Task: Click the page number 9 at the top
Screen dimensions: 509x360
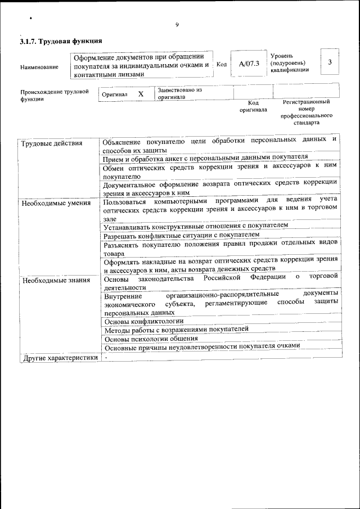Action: click(x=177, y=25)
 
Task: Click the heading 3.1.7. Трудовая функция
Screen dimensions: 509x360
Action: click(x=61, y=42)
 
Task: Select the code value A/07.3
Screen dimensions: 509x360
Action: click(x=249, y=64)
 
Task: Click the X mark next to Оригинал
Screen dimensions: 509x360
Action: click(x=141, y=94)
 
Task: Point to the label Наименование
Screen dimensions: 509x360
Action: click(x=39, y=67)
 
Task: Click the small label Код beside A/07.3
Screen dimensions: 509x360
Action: click(x=222, y=64)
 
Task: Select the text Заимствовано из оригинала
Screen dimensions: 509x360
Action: click(x=179, y=93)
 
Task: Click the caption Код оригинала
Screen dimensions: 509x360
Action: click(x=253, y=106)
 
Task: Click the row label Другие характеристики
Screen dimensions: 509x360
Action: click(x=59, y=358)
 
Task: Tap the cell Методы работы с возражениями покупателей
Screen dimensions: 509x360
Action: click(x=176, y=330)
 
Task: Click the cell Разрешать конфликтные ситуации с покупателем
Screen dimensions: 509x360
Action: click(x=182, y=235)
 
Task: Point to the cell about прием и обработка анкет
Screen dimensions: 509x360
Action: click(x=206, y=157)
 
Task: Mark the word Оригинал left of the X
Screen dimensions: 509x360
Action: click(x=115, y=94)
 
